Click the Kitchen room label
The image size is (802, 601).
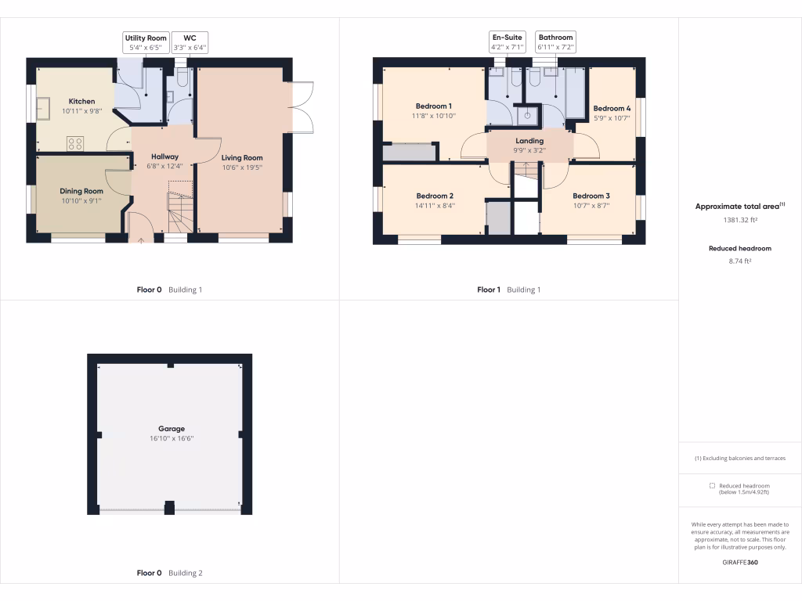(81, 101)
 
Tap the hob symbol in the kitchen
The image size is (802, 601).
(75, 143)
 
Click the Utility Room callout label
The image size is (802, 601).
(146, 42)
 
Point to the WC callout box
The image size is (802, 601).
(190, 42)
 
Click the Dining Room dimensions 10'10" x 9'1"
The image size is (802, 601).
(81, 200)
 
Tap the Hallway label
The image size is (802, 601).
(164, 157)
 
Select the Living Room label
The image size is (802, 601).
(242, 157)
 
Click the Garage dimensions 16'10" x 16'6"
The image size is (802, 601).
(172, 438)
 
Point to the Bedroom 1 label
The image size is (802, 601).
(433, 106)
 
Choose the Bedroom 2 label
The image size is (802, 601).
(435, 196)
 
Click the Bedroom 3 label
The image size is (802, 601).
(591, 196)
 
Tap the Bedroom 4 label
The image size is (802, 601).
(612, 108)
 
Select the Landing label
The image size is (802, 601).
(529, 141)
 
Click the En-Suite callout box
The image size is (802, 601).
(507, 42)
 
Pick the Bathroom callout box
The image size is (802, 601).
(555, 42)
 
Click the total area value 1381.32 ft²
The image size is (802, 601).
(740, 220)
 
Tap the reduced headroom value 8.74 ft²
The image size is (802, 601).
(740, 261)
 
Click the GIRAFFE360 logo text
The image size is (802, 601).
(740, 562)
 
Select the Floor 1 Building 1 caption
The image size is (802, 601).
(508, 290)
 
